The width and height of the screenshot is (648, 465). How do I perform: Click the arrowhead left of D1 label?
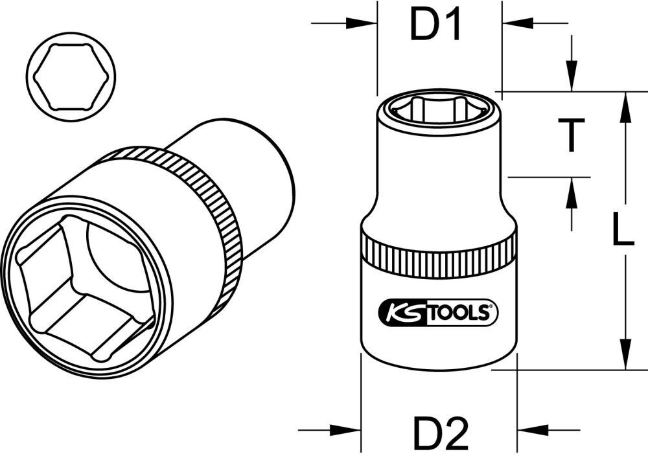click(362, 23)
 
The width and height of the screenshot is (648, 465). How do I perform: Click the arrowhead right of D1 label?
click(516, 23)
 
